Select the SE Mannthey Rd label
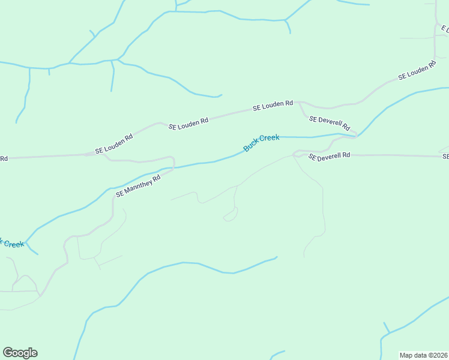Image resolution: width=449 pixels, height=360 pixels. [x=139, y=186]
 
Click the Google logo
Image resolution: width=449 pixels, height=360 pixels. [x=20, y=352]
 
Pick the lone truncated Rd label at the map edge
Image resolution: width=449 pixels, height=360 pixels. [x=4, y=158]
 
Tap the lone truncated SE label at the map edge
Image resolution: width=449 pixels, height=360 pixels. [x=445, y=157]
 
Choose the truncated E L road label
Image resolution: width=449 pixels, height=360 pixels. [x=444, y=28]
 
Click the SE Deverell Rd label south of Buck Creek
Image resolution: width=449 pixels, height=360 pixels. [x=329, y=156]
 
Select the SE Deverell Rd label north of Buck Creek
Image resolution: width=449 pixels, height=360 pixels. [x=330, y=122]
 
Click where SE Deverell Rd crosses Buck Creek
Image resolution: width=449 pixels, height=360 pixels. [x=356, y=135]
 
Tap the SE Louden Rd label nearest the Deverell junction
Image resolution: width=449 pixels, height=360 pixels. [x=273, y=106]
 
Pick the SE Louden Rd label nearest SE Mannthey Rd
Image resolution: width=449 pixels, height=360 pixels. [x=113, y=143]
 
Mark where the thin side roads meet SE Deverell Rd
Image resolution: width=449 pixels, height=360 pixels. [x=294, y=155]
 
